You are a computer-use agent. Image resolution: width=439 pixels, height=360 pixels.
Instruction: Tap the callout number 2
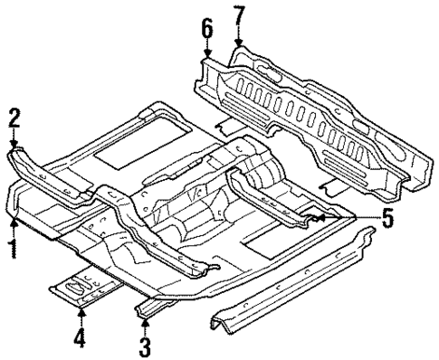tap(14, 118)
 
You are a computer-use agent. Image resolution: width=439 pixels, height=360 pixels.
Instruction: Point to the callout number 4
tap(81, 342)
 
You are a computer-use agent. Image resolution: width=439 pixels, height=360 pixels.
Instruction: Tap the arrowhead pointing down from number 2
tap(14, 144)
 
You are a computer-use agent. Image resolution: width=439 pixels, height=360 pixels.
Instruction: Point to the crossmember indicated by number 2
tap(50, 176)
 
